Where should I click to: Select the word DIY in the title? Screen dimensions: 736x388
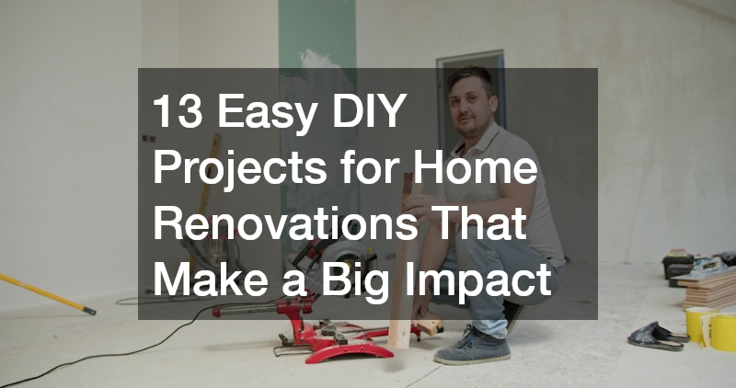370,110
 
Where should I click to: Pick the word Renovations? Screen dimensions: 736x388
285,223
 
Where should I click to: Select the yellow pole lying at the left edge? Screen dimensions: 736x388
47,293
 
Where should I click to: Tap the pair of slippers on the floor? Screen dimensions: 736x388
658,337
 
